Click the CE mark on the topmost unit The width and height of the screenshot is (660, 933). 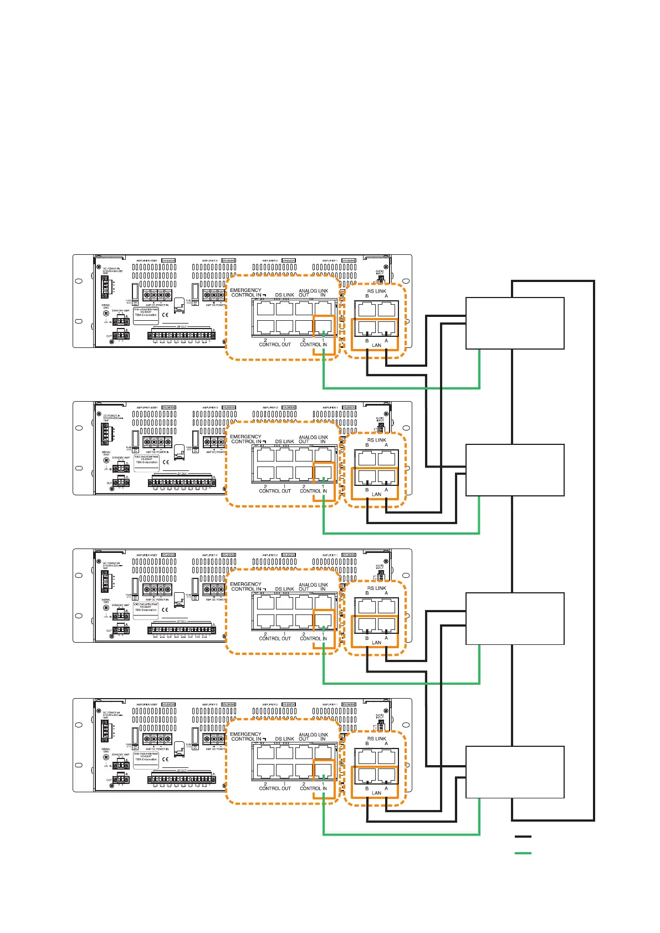(165, 314)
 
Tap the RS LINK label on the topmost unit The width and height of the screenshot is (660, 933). (377, 291)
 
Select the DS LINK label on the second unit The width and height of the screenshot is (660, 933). (284, 442)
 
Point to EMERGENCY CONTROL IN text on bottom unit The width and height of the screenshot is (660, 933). (245, 736)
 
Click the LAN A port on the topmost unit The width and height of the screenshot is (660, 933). (386, 327)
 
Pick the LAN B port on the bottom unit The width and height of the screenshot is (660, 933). (367, 774)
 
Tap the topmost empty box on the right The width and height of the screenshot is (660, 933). (515, 323)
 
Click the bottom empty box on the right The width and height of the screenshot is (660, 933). (515, 772)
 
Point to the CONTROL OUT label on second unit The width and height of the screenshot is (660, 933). (275, 491)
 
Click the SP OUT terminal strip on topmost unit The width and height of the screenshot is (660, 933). (181, 335)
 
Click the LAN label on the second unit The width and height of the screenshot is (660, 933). (376, 494)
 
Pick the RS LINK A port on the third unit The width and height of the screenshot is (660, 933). (386, 606)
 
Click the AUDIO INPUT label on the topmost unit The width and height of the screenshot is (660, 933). (380, 273)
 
